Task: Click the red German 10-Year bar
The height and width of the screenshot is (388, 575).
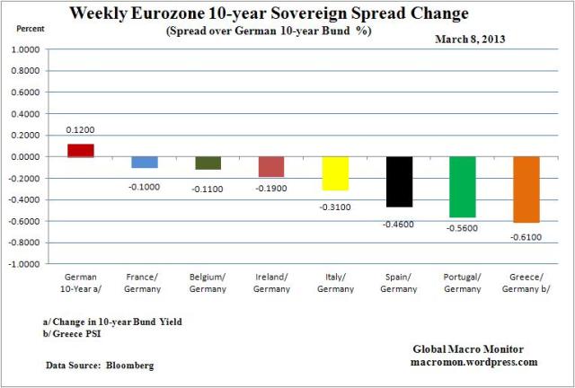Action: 81,150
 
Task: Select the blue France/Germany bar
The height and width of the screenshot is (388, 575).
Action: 145,162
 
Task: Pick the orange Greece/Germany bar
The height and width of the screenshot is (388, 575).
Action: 526,189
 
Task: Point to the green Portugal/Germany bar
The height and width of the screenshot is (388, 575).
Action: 463,187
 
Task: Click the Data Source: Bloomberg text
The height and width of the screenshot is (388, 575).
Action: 98,366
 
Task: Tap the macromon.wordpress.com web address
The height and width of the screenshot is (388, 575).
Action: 478,362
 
